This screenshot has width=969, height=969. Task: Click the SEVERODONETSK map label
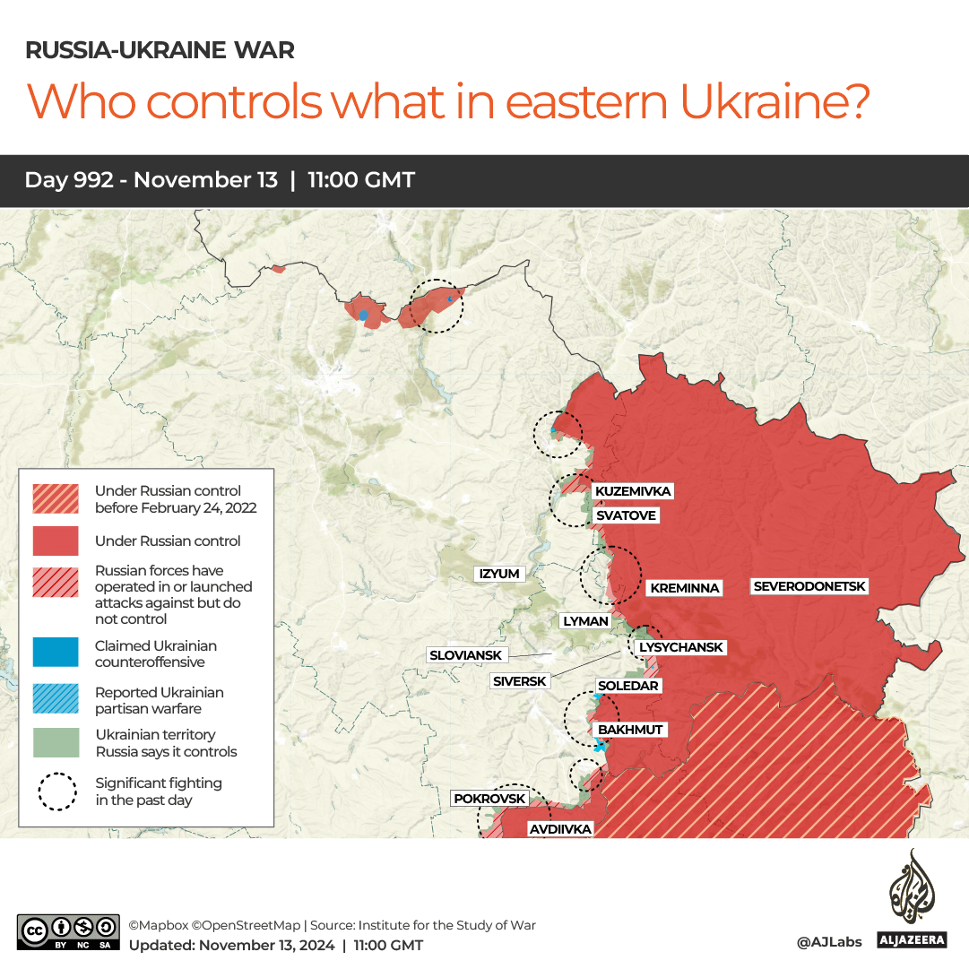(810, 586)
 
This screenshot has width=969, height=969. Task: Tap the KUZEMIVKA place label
(633, 491)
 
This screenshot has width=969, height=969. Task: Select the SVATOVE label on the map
(626, 515)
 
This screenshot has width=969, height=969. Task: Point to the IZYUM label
(499, 574)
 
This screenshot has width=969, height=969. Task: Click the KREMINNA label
(685, 588)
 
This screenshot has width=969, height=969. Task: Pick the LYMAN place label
(585, 620)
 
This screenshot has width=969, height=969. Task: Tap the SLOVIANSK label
(465, 655)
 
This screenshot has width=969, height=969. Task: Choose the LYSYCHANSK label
(680, 647)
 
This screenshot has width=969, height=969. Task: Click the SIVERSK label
(519, 681)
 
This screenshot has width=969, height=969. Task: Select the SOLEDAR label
(628, 686)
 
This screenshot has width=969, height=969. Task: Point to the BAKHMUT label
(630, 730)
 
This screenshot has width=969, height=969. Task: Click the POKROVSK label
(489, 799)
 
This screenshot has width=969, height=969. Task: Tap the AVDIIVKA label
(560, 829)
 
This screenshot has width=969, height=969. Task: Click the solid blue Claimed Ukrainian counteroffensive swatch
(56, 653)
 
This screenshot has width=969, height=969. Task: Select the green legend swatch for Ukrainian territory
(56, 743)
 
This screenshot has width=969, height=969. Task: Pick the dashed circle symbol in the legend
(56, 791)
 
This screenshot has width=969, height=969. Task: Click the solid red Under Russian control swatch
(56, 541)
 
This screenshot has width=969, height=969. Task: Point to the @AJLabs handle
(829, 942)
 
